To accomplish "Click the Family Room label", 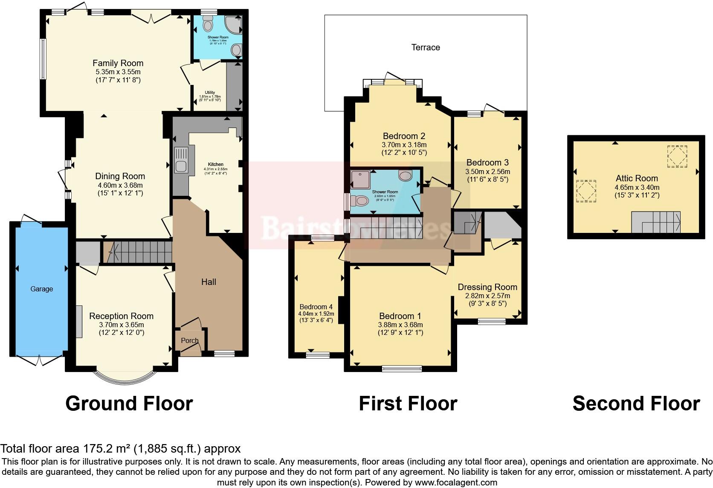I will pyautogui.click(x=118, y=63).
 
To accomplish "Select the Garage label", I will pyautogui.click(x=42, y=289).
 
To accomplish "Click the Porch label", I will pyautogui.click(x=190, y=340).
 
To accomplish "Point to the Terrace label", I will pyautogui.click(x=426, y=47).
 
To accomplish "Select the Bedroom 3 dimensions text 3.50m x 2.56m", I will pyautogui.click(x=487, y=171).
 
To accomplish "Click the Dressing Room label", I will pyautogui.click(x=487, y=287).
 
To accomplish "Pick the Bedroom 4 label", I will pyautogui.click(x=316, y=307).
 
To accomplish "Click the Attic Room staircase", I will pyautogui.click(x=655, y=222).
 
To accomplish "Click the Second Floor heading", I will pyautogui.click(x=636, y=404).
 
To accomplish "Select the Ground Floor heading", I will pyautogui.click(x=129, y=404).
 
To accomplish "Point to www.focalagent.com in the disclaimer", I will pyautogui.click(x=456, y=482).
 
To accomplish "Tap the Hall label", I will pyautogui.click(x=209, y=282).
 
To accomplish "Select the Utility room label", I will pyautogui.click(x=210, y=93).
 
